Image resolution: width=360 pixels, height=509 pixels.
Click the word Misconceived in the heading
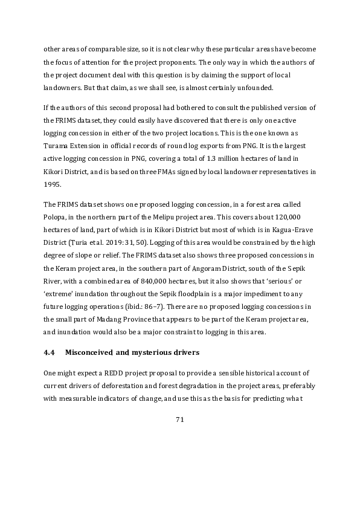click(x=91, y=351)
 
